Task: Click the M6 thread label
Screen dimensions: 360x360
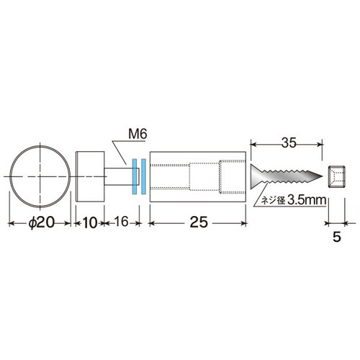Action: [x=138, y=134]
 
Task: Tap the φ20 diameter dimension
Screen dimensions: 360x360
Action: [x=42, y=222]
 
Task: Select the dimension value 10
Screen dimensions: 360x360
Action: [x=90, y=222]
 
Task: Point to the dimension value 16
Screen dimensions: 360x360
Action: [x=121, y=221]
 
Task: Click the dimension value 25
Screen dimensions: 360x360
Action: [x=199, y=222]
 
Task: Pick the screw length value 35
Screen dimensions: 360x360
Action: [x=289, y=143]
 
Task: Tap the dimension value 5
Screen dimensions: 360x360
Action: [x=337, y=237]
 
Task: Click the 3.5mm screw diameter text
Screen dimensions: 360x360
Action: [x=307, y=200]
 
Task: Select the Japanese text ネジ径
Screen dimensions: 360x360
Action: [x=272, y=201]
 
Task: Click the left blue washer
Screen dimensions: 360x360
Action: [x=135, y=176]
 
